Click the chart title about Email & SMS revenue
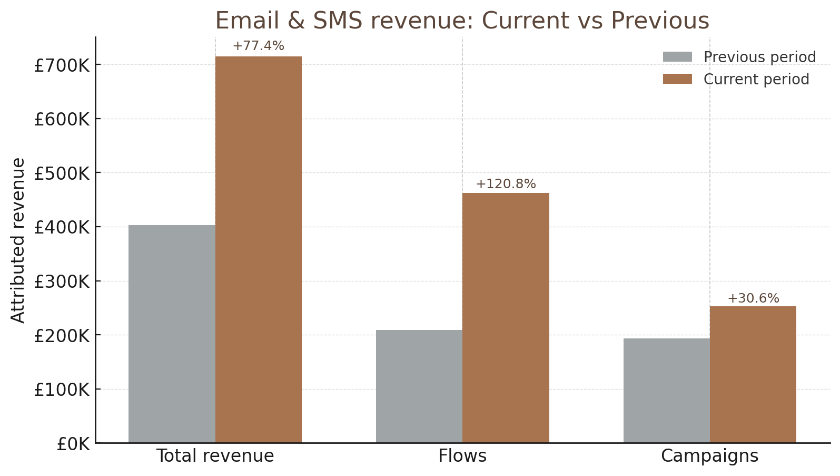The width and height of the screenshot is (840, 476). (462, 21)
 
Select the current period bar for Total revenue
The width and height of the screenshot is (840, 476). (259, 249)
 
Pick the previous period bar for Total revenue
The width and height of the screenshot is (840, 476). (172, 334)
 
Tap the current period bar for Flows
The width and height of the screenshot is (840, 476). (506, 317)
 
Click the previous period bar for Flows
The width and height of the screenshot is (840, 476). (419, 386)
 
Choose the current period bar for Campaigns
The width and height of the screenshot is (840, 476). (753, 374)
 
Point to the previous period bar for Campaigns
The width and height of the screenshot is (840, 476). (666, 390)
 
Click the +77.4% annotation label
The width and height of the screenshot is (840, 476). (259, 46)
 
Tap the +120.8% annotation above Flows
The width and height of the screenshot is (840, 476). (506, 184)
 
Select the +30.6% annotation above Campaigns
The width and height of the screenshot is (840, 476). (753, 299)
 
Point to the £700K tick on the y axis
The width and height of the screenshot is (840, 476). (62, 66)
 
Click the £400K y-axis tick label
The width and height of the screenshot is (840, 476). (62, 228)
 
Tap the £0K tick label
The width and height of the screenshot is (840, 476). (73, 444)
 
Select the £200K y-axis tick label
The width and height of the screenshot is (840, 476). (62, 336)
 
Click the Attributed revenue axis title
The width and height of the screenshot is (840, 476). (18, 240)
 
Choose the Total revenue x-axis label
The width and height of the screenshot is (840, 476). (215, 456)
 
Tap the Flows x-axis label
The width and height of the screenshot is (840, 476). (462, 456)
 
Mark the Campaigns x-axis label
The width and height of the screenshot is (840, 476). (709, 456)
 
